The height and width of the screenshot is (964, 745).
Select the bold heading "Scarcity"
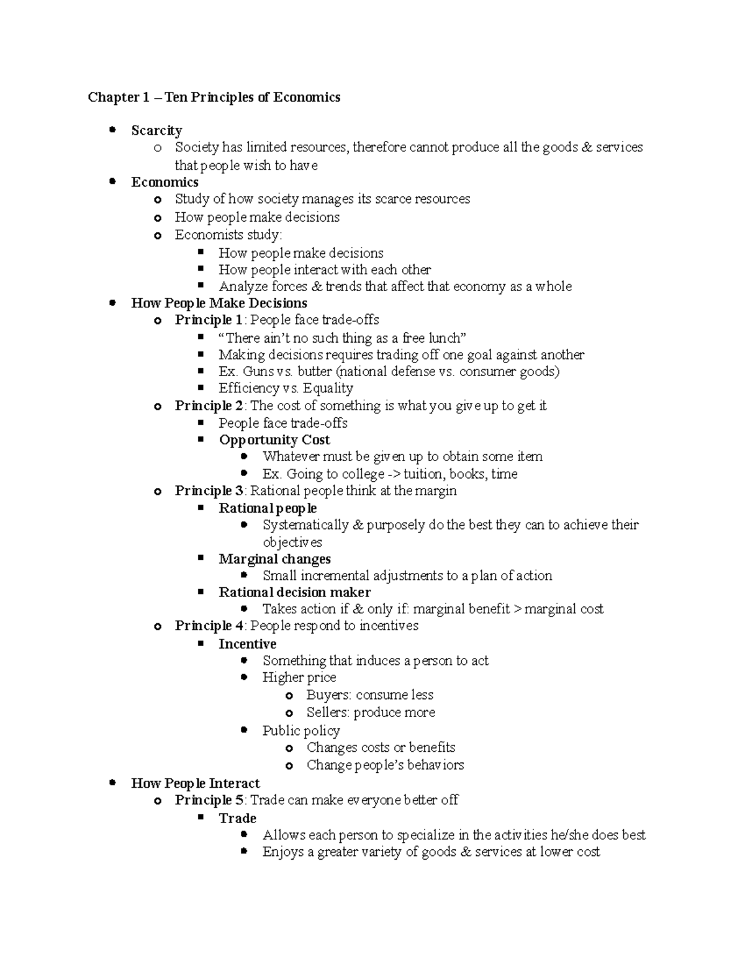tap(156, 130)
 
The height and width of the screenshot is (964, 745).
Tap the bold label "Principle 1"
tap(209, 320)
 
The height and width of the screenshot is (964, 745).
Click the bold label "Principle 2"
tap(209, 405)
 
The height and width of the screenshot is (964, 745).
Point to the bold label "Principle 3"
tap(209, 490)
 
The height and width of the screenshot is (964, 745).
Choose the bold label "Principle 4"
tap(209, 626)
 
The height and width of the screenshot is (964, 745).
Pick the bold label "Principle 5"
tap(209, 800)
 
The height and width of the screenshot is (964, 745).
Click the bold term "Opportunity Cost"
tap(274, 439)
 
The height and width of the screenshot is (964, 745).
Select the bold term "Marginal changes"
tap(274, 559)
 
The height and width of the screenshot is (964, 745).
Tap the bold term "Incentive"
tap(247, 644)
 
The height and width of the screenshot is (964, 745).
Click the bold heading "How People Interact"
tap(195, 783)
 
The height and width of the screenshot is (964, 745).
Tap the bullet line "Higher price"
tap(299, 677)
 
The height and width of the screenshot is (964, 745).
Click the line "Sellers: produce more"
tap(370, 712)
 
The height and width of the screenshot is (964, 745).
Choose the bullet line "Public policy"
tap(300, 731)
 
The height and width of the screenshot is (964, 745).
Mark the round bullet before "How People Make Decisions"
tap(112, 303)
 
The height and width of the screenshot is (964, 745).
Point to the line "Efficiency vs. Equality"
tap(286, 388)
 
